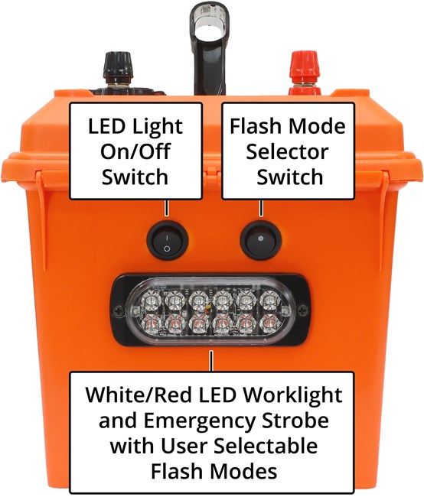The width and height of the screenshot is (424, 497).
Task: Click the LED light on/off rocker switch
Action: (166, 241)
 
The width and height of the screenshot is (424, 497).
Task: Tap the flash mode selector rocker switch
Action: (260, 241)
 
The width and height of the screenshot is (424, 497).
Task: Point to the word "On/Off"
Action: (135, 151)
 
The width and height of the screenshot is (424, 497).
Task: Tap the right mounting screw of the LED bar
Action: (304, 310)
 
